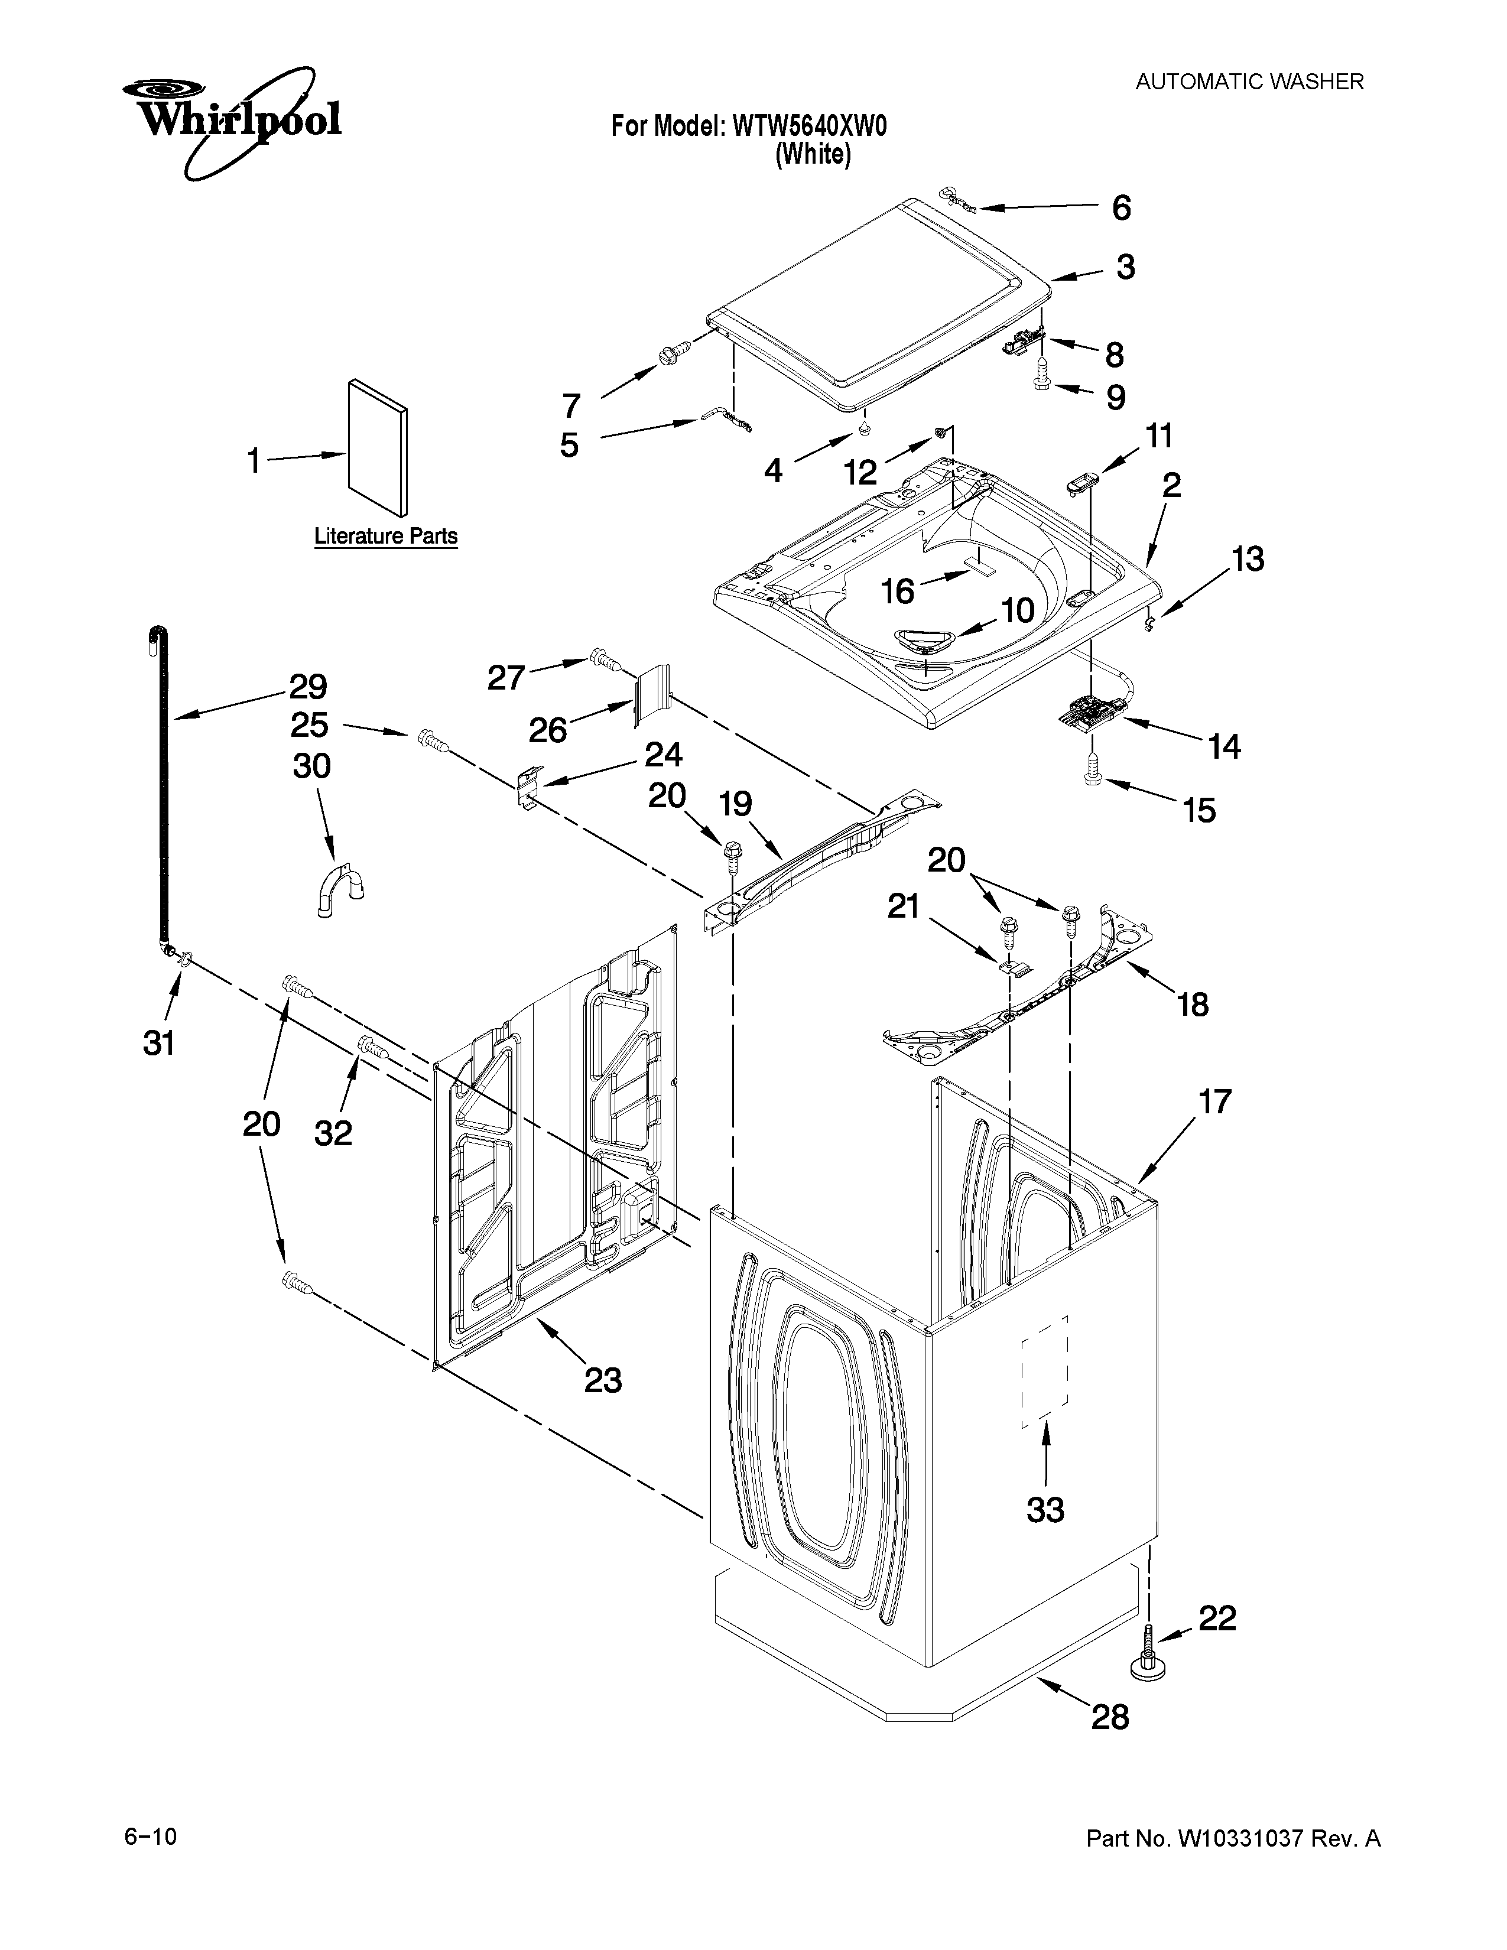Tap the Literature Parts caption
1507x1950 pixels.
tap(386, 537)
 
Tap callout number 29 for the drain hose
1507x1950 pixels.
tap(307, 687)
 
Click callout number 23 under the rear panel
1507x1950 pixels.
tap(603, 1380)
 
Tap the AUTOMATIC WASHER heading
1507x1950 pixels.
tap(1249, 82)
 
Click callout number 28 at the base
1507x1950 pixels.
tap(1110, 1716)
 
